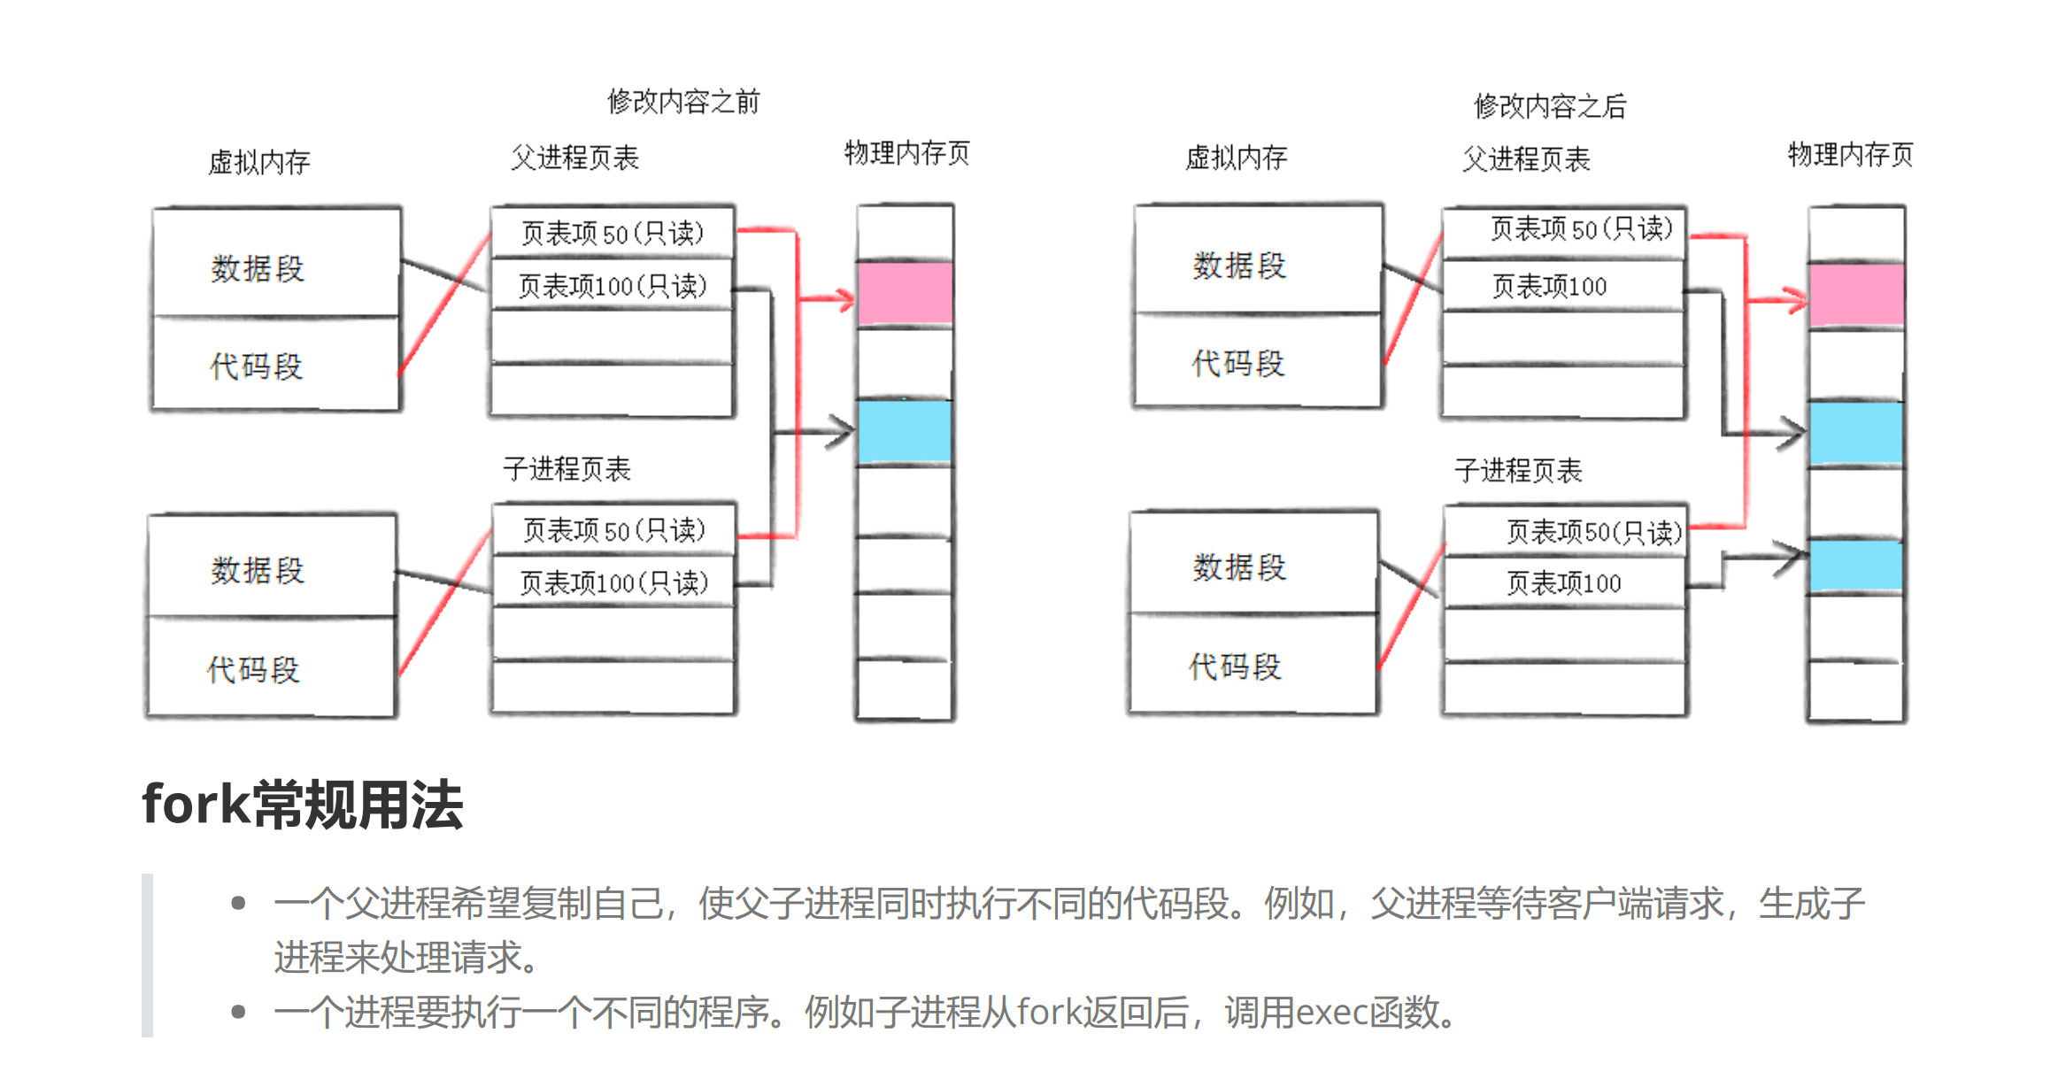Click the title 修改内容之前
pos(683,102)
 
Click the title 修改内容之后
pos(1550,106)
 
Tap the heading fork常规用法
pos(302,805)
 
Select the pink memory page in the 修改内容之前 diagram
pos(905,294)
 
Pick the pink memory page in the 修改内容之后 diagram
pos(1856,296)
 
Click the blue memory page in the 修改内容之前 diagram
pos(905,432)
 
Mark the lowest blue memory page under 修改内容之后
pos(1855,566)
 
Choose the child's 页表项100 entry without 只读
pos(1563,583)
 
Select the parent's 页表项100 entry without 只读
pos(1549,286)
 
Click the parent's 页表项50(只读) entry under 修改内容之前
pos(613,233)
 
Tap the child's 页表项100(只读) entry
pos(614,582)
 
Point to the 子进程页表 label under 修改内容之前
pos(567,468)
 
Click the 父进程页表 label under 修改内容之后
pos(1526,159)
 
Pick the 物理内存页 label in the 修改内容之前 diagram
pos(907,153)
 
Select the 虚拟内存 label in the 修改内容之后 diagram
pos(1236,158)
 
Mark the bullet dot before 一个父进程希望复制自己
pos(237,903)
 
